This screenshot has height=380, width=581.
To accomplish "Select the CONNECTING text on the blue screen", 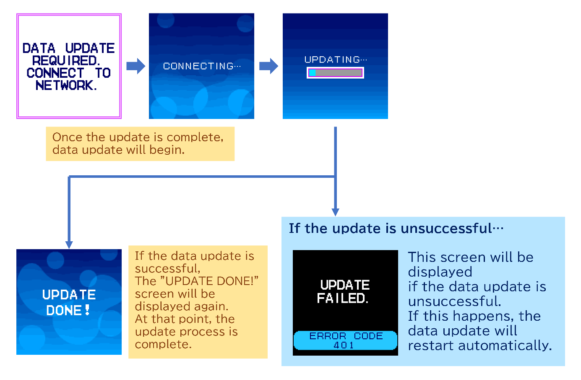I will tap(201, 66).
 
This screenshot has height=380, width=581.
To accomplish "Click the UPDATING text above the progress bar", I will tap(335, 60).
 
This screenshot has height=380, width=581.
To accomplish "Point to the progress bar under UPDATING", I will tap(335, 73).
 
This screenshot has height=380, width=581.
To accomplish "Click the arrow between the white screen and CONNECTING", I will tap(135, 66).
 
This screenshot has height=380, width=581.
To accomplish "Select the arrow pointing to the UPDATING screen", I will tap(268, 66).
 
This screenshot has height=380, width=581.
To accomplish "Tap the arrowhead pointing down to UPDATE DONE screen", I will tap(69, 244).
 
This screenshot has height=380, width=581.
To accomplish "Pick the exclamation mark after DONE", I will tap(87, 310).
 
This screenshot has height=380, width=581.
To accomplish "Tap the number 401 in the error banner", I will tap(344, 345).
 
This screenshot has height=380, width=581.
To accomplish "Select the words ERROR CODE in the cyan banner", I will tap(346, 336).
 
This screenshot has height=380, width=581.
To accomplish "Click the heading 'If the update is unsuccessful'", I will tap(396, 228).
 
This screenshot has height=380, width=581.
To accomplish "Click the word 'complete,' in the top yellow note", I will tap(195, 137).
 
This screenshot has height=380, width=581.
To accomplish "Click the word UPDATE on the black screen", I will tap(345, 285).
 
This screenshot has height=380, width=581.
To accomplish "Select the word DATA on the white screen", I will tap(39, 48).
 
